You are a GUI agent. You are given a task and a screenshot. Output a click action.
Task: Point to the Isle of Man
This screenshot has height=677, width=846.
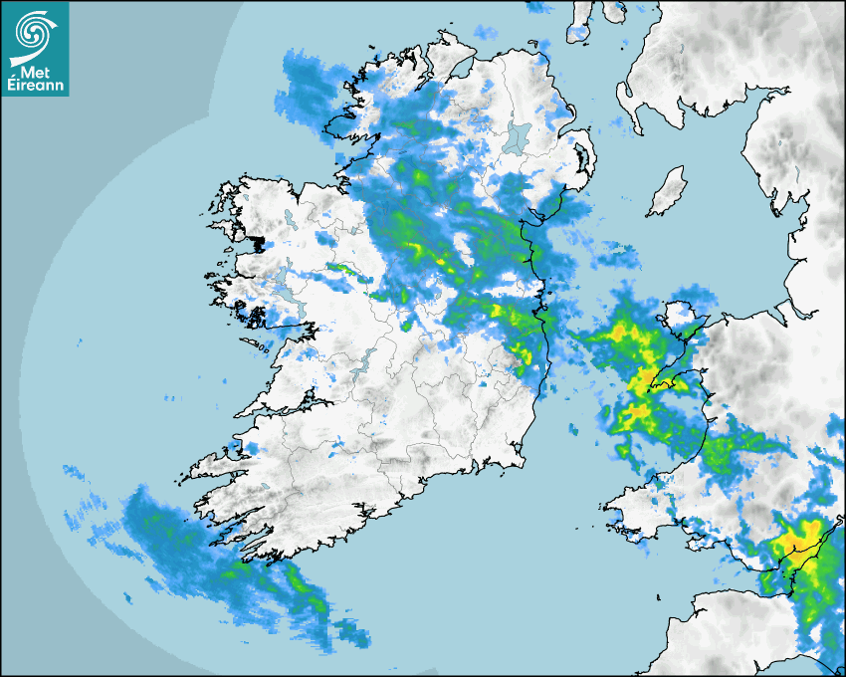pos(667,192)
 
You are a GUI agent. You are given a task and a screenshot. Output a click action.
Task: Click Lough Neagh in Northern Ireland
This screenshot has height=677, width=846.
pos(518,136)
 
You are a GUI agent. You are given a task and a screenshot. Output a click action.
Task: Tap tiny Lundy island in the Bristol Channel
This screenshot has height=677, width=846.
pos(659,595)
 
